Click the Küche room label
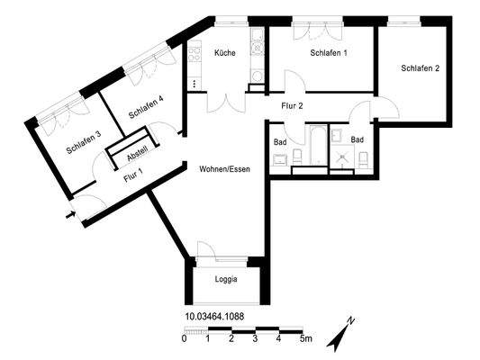pyautogui.click(x=225, y=53)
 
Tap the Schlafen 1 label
pyautogui.click(x=329, y=53)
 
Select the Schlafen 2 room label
pyautogui.click(x=421, y=68)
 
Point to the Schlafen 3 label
pyautogui.click(x=83, y=142)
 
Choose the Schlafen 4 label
pyautogui.click(x=146, y=107)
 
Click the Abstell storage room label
pyautogui.click(x=137, y=154)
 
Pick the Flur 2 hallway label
pyautogui.click(x=292, y=106)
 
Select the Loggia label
pyautogui.click(x=227, y=279)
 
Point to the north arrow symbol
pyautogui.click(x=342, y=332)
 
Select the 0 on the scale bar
pyautogui.click(x=184, y=339)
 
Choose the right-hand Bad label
pyautogui.click(x=358, y=140)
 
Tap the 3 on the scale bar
pyautogui.click(x=256, y=339)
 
